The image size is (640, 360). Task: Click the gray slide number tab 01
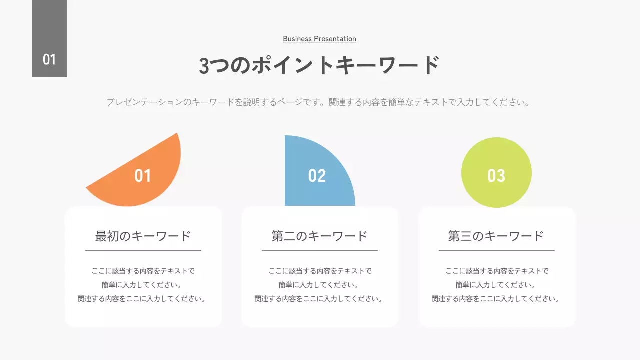click(x=49, y=39)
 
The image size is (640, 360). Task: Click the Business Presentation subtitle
click(x=319, y=39)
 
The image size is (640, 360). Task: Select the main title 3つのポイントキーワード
click(x=319, y=65)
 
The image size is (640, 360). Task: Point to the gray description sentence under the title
click(x=318, y=102)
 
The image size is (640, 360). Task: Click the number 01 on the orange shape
click(x=143, y=176)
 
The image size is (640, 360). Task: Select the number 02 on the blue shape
click(x=317, y=176)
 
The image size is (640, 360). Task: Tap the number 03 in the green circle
click(x=496, y=176)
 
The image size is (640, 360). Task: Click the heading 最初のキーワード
click(x=143, y=236)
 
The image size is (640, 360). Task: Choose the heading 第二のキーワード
click(x=320, y=236)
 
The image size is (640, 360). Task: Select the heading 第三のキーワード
click(x=496, y=236)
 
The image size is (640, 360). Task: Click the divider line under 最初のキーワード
click(x=143, y=250)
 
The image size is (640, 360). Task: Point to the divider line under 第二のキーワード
click(x=320, y=250)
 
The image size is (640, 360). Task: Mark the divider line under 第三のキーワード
click(x=496, y=250)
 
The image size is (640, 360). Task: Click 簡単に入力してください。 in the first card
click(x=143, y=285)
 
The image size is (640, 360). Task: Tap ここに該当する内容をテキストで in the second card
click(x=320, y=271)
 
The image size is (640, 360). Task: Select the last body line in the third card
click(x=496, y=299)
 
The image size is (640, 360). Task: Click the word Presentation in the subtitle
click(x=335, y=39)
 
